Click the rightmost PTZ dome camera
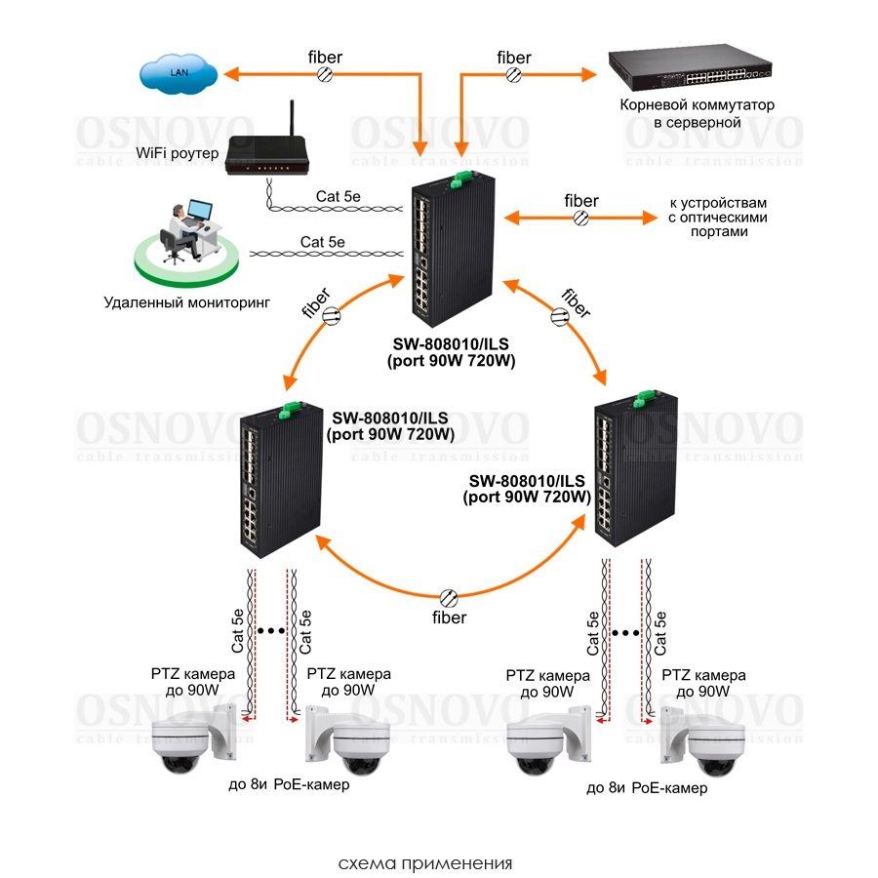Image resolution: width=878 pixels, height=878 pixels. point(698,741)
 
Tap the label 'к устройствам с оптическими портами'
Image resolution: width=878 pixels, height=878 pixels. point(718,217)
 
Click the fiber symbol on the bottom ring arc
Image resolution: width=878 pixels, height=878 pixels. point(450,597)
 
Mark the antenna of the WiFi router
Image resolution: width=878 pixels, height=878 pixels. point(290,122)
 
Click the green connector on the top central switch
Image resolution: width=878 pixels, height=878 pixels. point(461,178)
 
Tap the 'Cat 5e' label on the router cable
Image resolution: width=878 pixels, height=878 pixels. point(338,196)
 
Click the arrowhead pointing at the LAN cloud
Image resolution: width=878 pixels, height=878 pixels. point(231,72)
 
